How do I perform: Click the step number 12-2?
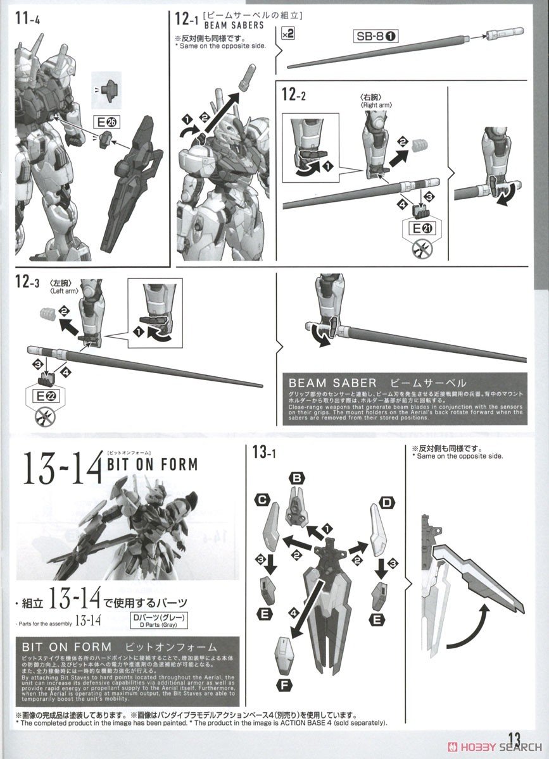[x=296, y=96]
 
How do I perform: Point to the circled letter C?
[x=260, y=501]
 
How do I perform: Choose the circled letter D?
[x=386, y=503]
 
